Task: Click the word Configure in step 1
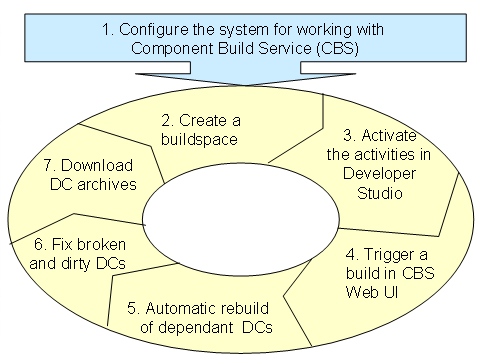click(154, 31)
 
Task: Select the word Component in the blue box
click(173, 50)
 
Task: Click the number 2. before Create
click(168, 120)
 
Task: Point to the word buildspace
click(199, 139)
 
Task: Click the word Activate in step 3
click(389, 136)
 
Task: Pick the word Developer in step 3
click(379, 174)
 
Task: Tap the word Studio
click(380, 193)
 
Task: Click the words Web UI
click(372, 292)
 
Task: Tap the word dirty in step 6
click(76, 264)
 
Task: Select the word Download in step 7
click(97, 166)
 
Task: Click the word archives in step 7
click(107, 185)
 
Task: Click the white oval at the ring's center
click(241, 219)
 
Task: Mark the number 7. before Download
click(50, 166)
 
